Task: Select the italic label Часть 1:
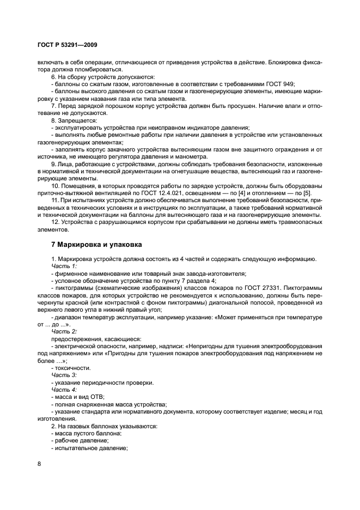click(64, 265)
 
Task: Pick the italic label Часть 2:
click(64, 331)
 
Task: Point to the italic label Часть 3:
click(64, 375)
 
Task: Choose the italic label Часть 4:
click(64, 390)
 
